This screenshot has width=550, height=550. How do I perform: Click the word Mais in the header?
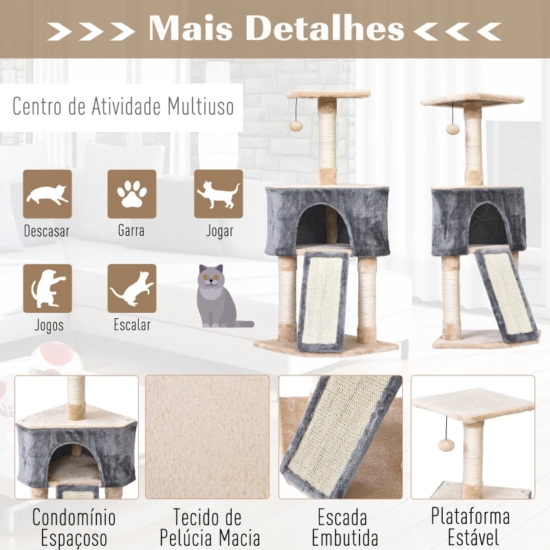point(190,28)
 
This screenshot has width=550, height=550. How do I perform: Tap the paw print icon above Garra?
point(131,194)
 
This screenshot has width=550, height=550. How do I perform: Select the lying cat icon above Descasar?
point(47,194)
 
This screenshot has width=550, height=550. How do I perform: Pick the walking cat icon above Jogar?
point(219,194)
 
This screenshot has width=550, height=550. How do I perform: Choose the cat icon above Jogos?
point(47,288)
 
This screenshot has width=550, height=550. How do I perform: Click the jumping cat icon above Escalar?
point(131,288)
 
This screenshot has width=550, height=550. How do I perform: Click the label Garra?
point(131,231)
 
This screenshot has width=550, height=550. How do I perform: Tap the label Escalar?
point(132,324)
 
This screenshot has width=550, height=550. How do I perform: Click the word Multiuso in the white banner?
point(200,107)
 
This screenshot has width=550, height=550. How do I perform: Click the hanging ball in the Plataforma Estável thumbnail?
point(444,445)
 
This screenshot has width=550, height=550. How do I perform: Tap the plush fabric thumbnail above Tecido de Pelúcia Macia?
point(208,437)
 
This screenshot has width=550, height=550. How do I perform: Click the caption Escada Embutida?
point(344,527)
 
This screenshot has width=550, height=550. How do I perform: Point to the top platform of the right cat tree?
point(472,100)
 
